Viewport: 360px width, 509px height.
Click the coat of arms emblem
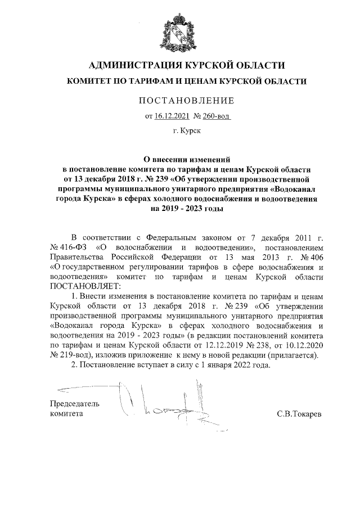pos(179,29)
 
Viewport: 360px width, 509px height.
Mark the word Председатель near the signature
pos(75,403)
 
